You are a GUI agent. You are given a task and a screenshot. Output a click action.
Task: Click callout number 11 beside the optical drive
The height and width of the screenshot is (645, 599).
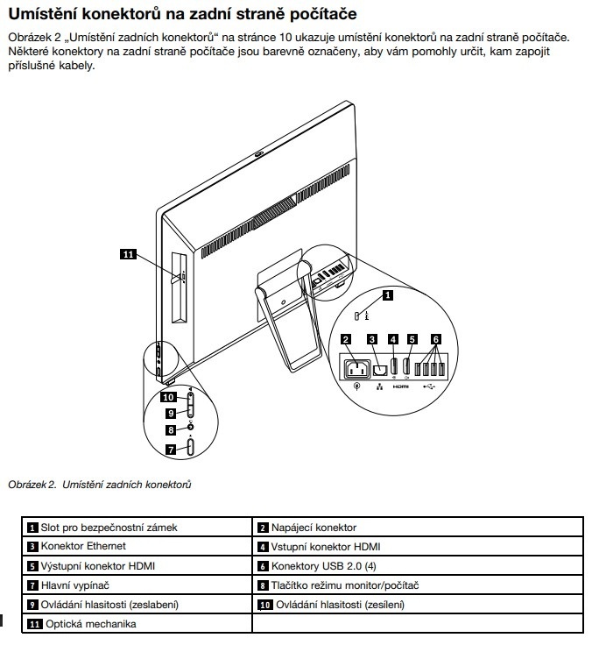127,255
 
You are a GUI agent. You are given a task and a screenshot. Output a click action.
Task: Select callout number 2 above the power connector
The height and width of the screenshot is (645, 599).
347,339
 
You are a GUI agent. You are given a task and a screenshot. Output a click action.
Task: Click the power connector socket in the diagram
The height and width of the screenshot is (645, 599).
356,370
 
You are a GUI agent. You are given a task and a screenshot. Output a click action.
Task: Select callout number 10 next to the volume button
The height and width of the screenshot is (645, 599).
167,396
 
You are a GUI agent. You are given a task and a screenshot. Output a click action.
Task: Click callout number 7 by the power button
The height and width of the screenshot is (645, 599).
173,448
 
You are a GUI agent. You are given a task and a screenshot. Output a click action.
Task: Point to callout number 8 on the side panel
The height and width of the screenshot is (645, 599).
172,430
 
